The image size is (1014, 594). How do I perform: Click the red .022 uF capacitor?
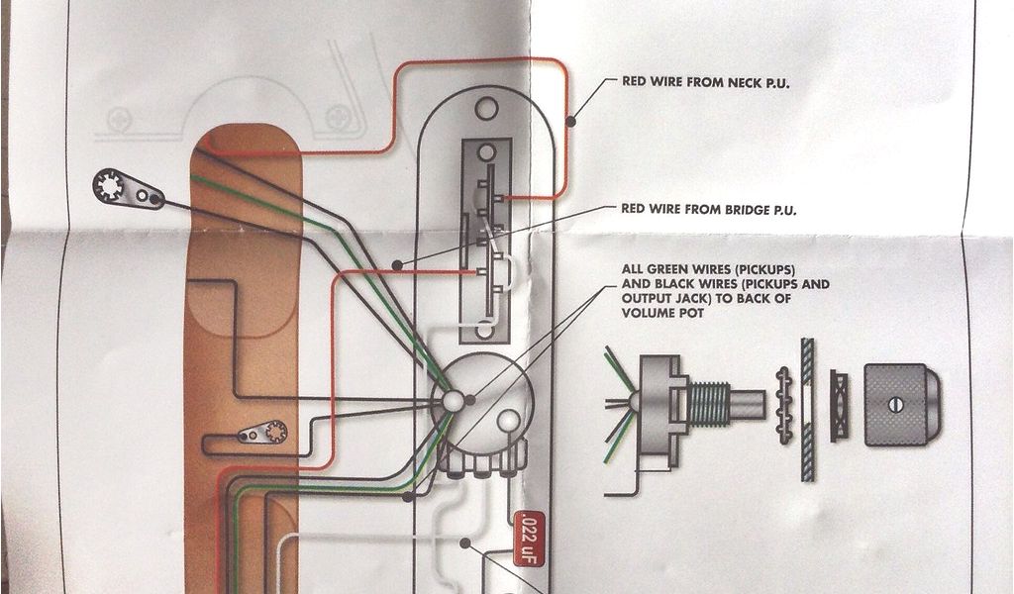[526, 534]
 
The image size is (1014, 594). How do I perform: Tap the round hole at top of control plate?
[485, 107]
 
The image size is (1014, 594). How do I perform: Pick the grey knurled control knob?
[901, 404]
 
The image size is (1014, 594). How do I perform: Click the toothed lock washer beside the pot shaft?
[785, 404]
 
